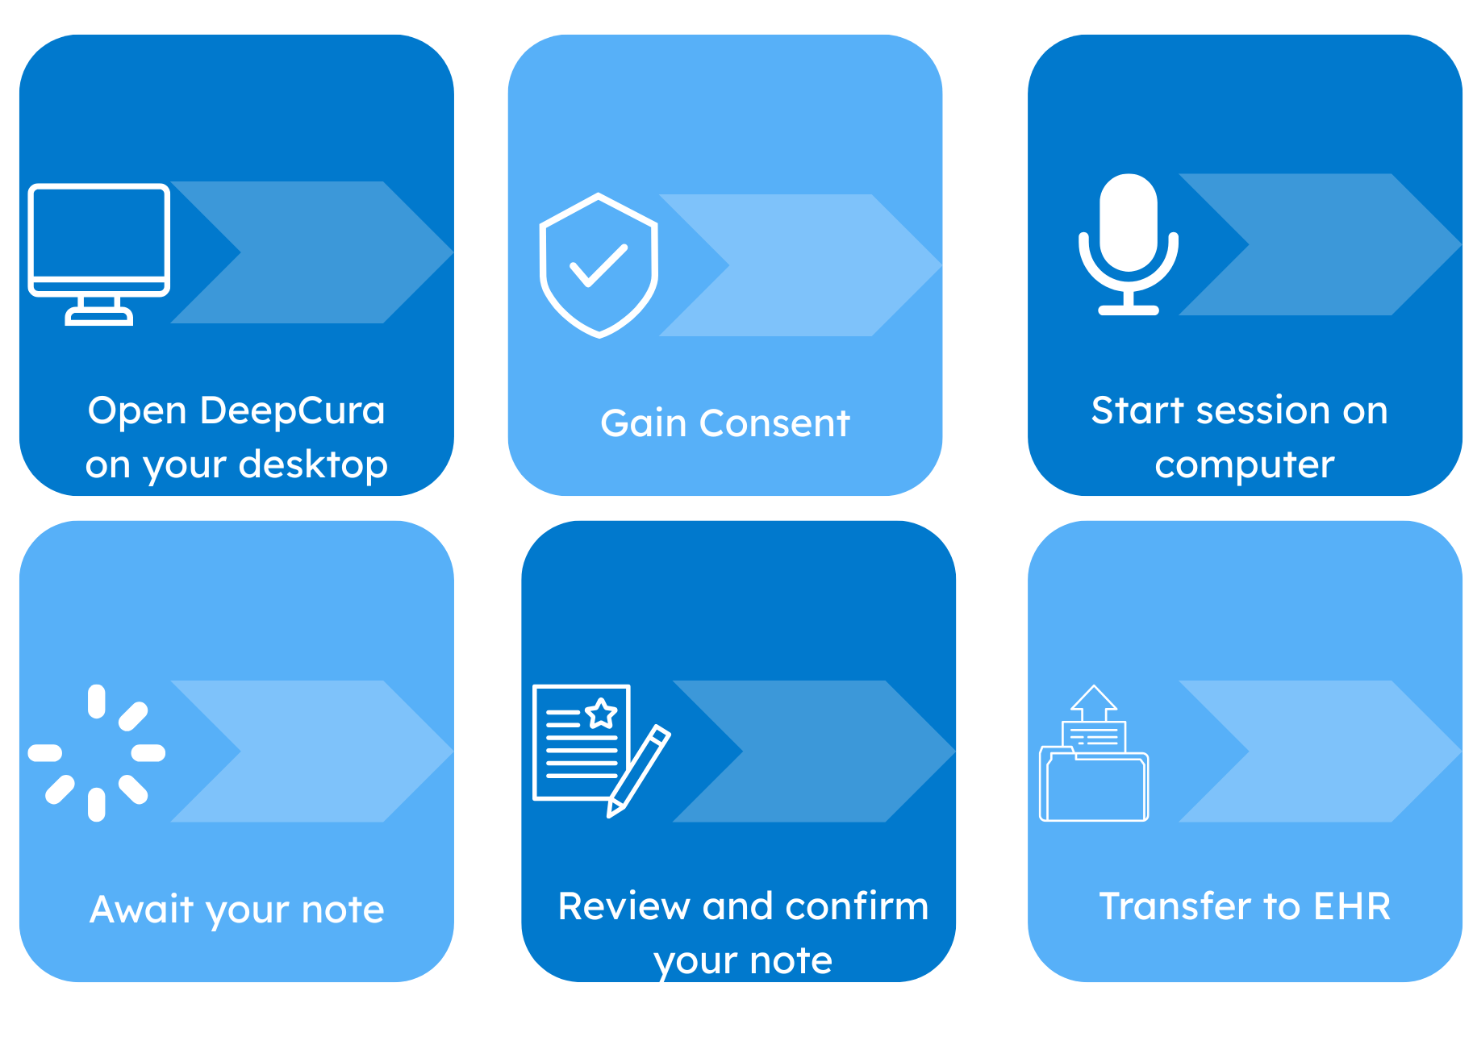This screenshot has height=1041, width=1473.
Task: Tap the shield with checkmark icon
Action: (599, 264)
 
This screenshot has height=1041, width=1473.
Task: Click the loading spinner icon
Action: (97, 753)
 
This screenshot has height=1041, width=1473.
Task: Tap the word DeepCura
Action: (292, 410)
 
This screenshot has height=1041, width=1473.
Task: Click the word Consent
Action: (774, 423)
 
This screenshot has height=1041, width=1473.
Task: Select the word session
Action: (1263, 410)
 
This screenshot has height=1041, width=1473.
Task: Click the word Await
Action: (141, 910)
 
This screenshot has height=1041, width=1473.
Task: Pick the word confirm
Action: (857, 906)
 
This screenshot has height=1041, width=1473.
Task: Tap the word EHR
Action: (1352, 906)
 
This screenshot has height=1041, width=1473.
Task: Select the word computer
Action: (1244, 465)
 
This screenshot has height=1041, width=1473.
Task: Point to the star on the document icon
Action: (601, 714)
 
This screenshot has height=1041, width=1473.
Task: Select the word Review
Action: (624, 906)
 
